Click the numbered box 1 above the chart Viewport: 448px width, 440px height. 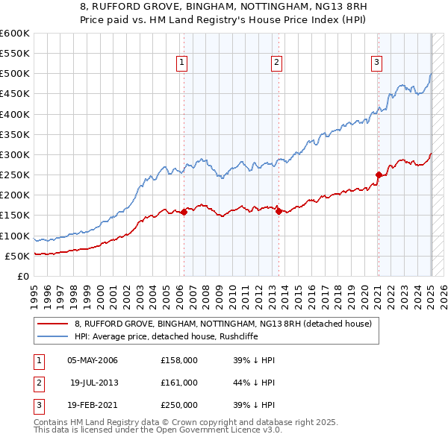click(181, 63)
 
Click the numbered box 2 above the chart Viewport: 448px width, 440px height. click(276, 63)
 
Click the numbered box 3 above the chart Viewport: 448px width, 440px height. click(376, 63)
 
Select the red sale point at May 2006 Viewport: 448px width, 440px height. click(184, 213)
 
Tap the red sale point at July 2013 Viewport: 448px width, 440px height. click(279, 211)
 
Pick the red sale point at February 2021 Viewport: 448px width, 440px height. click(379, 175)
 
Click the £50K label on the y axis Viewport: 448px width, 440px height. click(18, 256)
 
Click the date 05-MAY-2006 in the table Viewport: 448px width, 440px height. click(93, 360)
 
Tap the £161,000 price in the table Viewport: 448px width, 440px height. click(179, 383)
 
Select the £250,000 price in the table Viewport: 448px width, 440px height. click(179, 405)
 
